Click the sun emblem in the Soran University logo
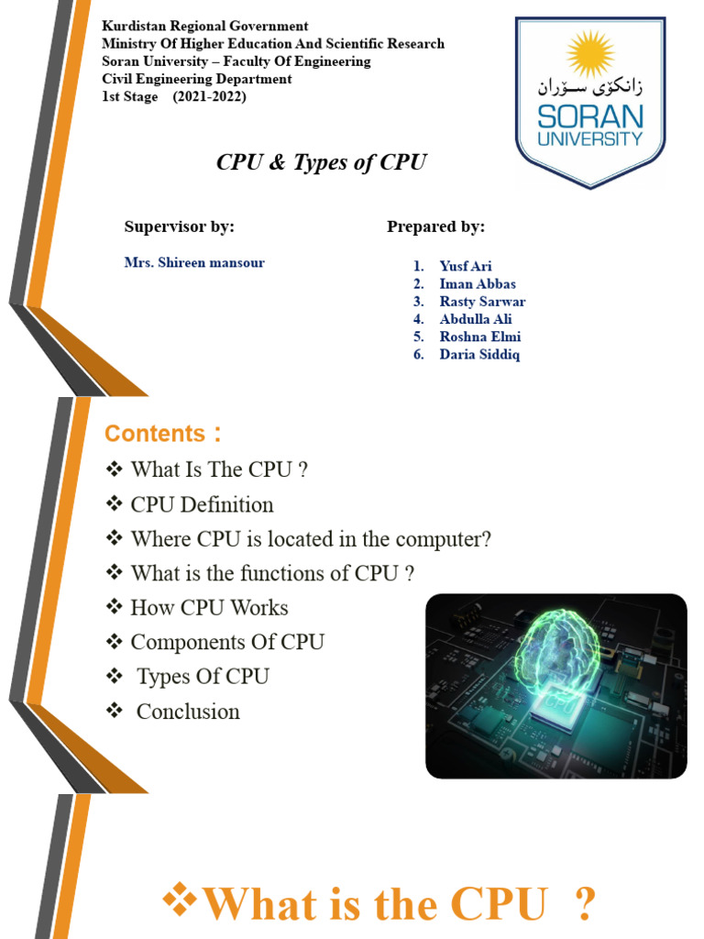(588, 54)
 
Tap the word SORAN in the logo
(590, 117)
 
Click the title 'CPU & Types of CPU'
(321, 162)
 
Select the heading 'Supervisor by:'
(180, 226)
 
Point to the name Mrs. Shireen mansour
(194, 262)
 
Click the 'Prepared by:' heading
(435, 226)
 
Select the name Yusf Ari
(466, 266)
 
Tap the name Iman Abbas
(477, 284)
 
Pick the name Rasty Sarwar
(482, 302)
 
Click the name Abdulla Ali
(475, 319)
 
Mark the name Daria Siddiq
(479, 354)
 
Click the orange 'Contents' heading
(156, 433)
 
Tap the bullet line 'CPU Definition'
(202, 504)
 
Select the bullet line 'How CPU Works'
(209, 607)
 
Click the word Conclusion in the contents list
(188, 712)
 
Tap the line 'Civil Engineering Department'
(196, 79)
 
